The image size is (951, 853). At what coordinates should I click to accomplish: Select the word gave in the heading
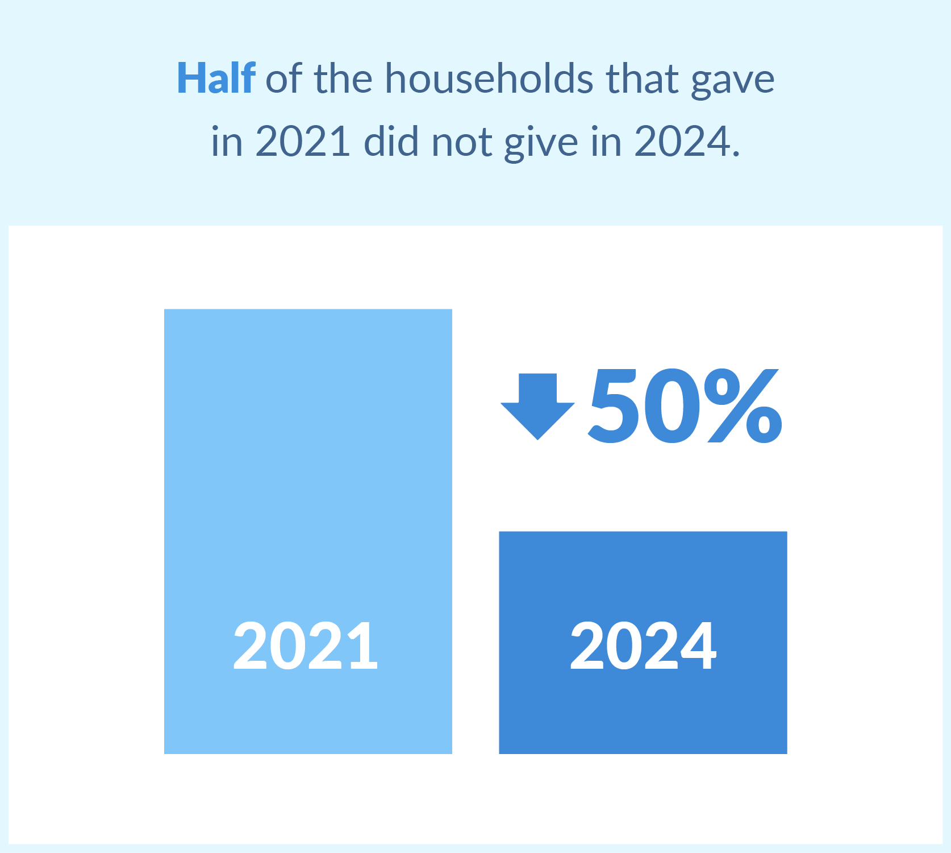(x=733, y=82)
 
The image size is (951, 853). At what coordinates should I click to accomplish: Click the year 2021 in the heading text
(x=302, y=140)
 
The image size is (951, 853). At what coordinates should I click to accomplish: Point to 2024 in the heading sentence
(x=681, y=140)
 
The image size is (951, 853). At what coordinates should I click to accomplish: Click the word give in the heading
(x=541, y=143)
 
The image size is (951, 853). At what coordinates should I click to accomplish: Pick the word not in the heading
(x=461, y=142)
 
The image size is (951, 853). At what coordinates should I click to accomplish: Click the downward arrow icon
(x=537, y=407)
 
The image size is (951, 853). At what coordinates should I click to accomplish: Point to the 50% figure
(x=685, y=405)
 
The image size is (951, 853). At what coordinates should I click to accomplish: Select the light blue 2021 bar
(x=308, y=531)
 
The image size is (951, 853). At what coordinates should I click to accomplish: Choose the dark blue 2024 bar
(x=643, y=643)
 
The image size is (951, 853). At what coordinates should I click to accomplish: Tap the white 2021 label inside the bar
(x=306, y=645)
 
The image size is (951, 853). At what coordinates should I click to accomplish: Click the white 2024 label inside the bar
(x=643, y=645)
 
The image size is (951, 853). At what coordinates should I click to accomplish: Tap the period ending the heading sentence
(x=736, y=152)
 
